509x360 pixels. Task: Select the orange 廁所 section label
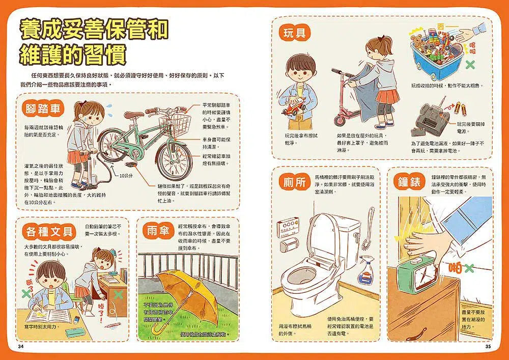(x=294, y=182)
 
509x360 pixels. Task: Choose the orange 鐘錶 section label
(x=410, y=182)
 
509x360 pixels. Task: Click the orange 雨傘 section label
(x=156, y=231)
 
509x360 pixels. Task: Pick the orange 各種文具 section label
(x=50, y=232)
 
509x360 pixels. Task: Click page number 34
(x=21, y=347)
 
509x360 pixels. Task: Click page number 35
(x=488, y=347)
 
